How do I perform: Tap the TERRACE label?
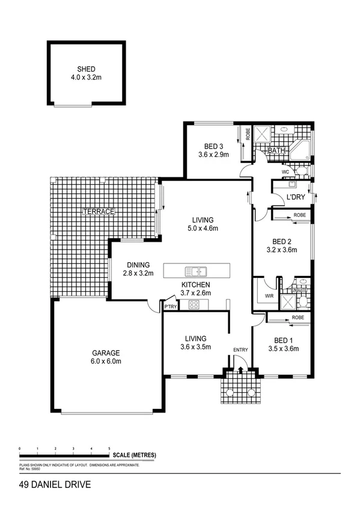tap(99, 212)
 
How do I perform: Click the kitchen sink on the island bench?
tap(196, 271)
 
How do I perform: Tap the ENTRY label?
tap(240, 349)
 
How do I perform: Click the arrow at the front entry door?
tap(240, 369)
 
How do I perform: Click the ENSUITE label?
tap(299, 290)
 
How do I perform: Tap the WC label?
tap(285, 172)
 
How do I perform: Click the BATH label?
tap(276, 150)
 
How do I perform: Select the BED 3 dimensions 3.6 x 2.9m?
tap(213, 155)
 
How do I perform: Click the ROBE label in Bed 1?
tap(297, 317)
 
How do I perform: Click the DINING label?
tap(138, 265)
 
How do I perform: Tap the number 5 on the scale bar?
tap(109, 449)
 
